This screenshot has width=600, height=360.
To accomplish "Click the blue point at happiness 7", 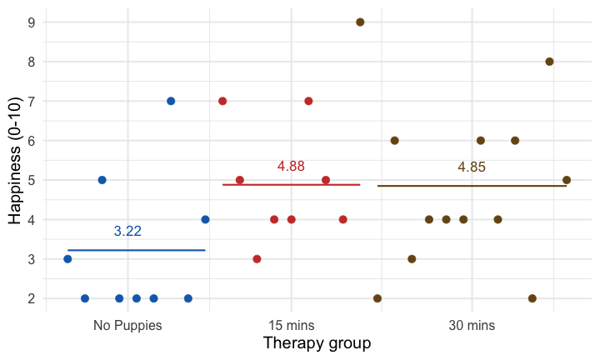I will pyautogui.click(x=171, y=101).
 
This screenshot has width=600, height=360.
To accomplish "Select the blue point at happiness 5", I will pyautogui.click(x=102, y=180).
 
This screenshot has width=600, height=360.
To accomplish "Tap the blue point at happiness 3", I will pyautogui.click(x=67, y=259).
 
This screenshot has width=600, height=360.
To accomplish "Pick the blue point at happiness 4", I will pyautogui.click(x=205, y=219).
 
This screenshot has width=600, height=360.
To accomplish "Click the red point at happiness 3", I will pyautogui.click(x=257, y=259).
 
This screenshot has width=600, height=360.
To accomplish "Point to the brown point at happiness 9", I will pyautogui.click(x=360, y=22).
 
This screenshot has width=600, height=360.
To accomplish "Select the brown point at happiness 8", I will pyautogui.click(x=549, y=62).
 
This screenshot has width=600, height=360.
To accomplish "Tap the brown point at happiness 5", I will pyautogui.click(x=567, y=180).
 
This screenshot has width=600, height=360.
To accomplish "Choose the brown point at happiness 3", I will pyautogui.click(x=412, y=259).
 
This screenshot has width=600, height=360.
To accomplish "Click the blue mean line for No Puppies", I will pyautogui.click(x=136, y=250).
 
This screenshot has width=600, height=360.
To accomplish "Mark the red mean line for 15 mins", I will pyautogui.click(x=291, y=184).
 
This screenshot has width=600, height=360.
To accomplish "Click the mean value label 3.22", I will pyautogui.click(x=127, y=232).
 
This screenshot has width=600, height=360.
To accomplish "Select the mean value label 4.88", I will pyautogui.click(x=291, y=167).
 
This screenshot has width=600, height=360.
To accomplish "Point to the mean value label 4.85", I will pyautogui.click(x=472, y=167).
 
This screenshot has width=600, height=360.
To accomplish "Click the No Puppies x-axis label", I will pyautogui.click(x=127, y=325).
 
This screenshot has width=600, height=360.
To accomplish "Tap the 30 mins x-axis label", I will pyautogui.click(x=472, y=325).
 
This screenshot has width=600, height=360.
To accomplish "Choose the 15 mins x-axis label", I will pyautogui.click(x=291, y=325).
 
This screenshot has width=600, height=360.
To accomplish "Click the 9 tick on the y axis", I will pyautogui.click(x=31, y=22).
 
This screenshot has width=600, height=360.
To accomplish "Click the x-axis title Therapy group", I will pyautogui.click(x=316, y=343).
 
